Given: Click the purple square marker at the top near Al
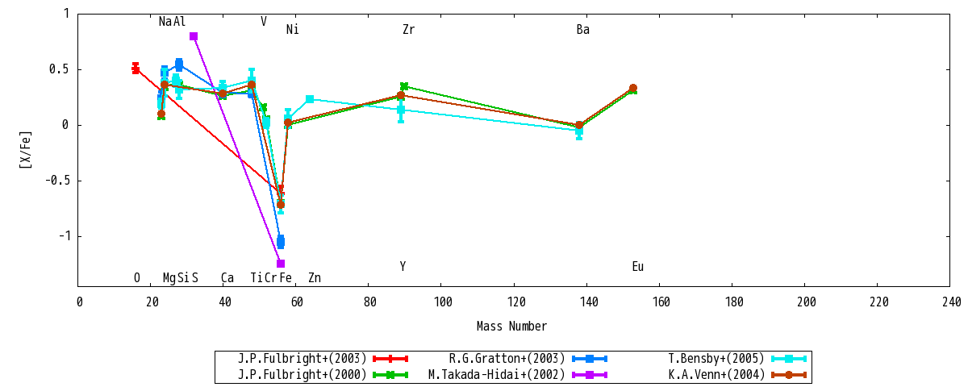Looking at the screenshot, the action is [194, 36].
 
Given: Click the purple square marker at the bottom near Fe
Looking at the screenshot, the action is [281, 264].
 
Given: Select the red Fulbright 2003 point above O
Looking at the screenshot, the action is [136, 69].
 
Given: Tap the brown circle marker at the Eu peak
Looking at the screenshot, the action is [633, 88].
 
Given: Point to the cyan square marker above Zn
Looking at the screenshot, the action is [310, 99].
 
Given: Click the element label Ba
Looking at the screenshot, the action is [583, 29].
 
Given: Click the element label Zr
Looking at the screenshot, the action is [408, 29].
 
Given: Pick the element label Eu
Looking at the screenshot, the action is [638, 267].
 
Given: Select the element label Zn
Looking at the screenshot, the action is [315, 277].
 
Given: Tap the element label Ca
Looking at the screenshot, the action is [227, 277].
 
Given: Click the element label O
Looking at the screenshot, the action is [137, 277].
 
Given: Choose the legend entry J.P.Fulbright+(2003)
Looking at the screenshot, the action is [302, 359].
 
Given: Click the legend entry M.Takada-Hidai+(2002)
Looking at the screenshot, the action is [497, 374].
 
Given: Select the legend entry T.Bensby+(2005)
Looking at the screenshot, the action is [716, 359].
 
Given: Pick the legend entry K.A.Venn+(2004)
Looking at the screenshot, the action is [716, 374].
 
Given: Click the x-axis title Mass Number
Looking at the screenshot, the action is [511, 326].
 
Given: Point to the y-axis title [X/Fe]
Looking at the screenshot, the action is [26, 149].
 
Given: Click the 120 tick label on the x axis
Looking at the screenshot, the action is [516, 302].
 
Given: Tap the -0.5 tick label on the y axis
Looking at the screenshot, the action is [57, 180].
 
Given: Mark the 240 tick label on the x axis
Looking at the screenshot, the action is [952, 302].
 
